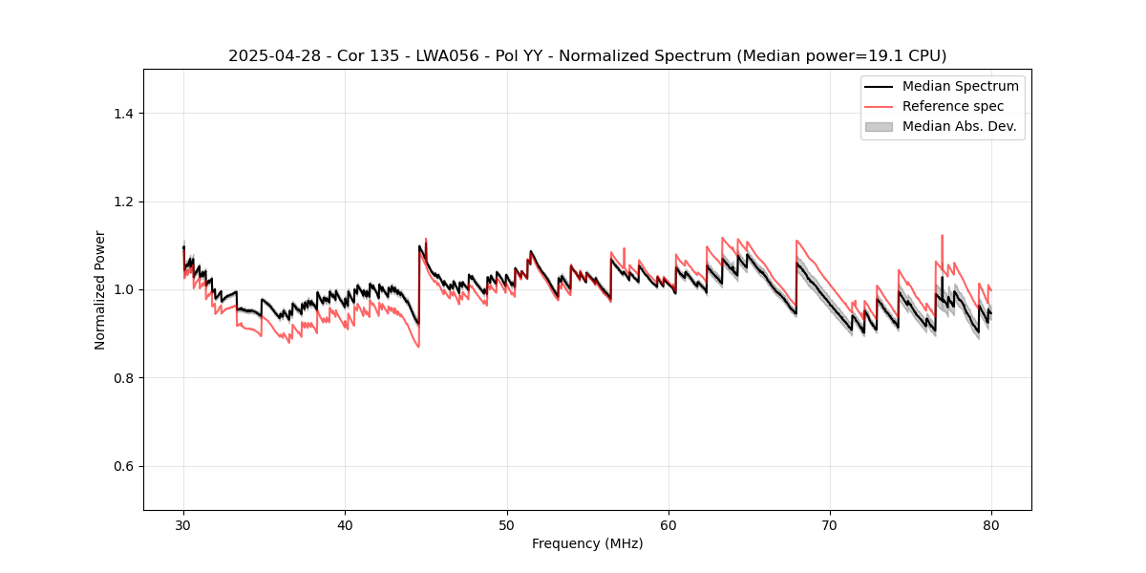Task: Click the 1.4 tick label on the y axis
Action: (123, 114)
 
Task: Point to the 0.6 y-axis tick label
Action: (123, 466)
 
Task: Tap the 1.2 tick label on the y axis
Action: (123, 202)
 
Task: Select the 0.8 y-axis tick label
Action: (123, 378)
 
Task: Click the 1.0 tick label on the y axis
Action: (123, 289)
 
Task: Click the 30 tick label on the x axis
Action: (183, 525)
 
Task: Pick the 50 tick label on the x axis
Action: (507, 525)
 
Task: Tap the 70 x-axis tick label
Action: (830, 525)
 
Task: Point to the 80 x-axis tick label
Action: (991, 525)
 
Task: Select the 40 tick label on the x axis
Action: (345, 525)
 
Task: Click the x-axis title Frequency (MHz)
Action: (587, 543)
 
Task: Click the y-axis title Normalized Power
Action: (100, 289)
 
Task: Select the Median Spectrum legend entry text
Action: (960, 86)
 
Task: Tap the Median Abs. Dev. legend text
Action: (960, 126)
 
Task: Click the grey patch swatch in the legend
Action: (879, 126)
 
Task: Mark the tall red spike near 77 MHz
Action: (943, 236)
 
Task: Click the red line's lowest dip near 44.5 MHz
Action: (418, 346)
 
